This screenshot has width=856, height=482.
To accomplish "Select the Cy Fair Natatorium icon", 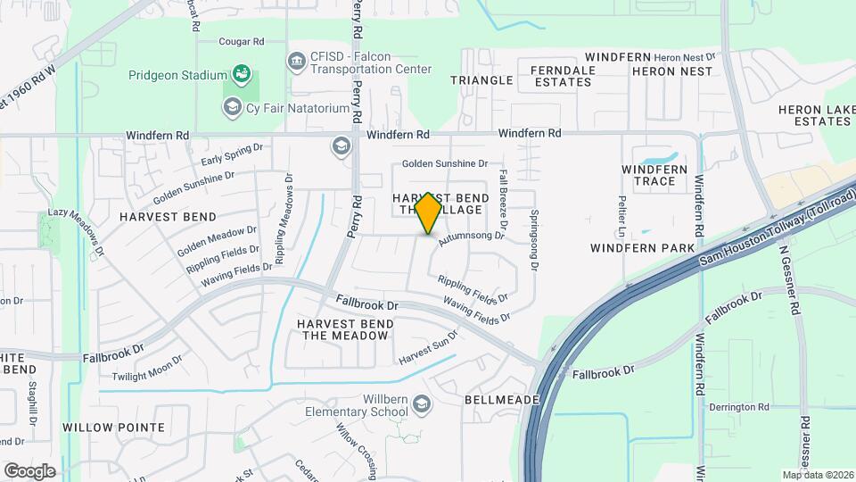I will pos(233,108).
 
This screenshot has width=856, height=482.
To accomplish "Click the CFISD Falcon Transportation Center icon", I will pos(297,61).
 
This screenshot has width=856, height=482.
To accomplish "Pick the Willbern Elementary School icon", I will pos(422,406).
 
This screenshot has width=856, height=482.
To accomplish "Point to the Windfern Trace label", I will pos(654,175).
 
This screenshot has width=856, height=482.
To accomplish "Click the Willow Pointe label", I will pos(113,428).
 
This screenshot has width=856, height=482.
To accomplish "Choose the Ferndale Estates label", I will pos(561,76).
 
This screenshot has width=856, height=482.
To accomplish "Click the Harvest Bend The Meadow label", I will pos(344,329).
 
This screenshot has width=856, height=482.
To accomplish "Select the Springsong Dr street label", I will pos(534,241).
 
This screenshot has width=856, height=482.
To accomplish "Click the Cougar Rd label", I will pos(243,42).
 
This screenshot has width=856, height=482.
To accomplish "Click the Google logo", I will pos(29,470).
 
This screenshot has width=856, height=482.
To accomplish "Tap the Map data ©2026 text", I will pos(817,475).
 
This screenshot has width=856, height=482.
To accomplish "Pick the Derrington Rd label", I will pos(738,407).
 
